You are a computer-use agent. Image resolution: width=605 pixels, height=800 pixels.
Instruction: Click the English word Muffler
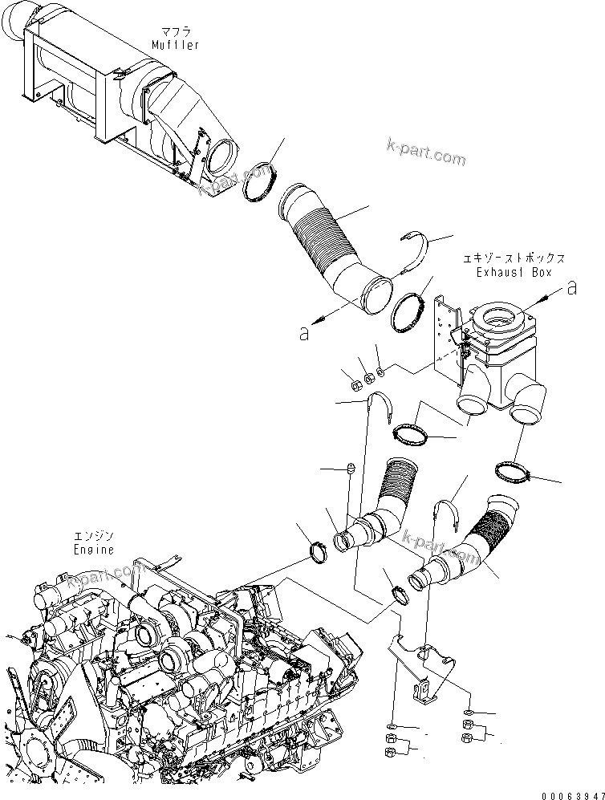175,45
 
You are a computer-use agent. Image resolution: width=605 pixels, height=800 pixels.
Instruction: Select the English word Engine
94,550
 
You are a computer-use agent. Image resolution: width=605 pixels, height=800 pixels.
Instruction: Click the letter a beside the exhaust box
571,289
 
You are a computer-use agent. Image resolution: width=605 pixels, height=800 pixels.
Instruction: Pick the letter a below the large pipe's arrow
304,334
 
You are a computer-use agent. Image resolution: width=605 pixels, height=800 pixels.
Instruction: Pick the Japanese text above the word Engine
94,536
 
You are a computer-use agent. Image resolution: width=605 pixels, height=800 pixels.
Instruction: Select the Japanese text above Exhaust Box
514,258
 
